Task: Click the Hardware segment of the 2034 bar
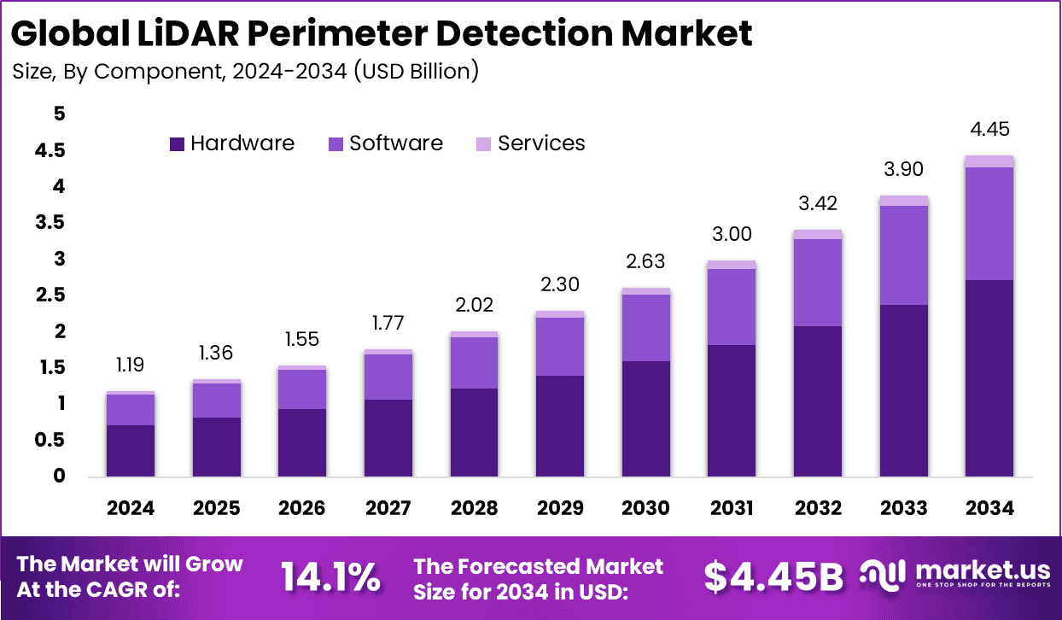point(989,377)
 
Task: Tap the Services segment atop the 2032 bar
point(818,234)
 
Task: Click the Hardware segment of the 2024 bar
point(131,450)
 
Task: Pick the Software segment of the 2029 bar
point(560,346)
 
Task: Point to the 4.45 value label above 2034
point(989,129)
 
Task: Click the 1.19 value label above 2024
point(131,366)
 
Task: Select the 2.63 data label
point(645,261)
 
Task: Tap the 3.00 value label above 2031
point(732,234)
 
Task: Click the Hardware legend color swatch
point(177,144)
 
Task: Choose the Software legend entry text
point(396,143)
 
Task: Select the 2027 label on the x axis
point(388,508)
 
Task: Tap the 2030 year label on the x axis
point(645,508)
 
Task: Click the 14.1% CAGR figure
point(331,578)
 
